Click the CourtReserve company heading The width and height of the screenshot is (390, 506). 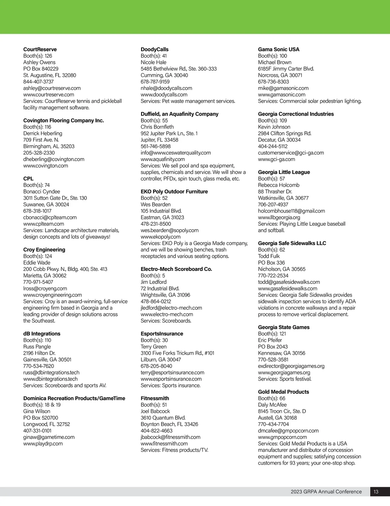tap(40, 49)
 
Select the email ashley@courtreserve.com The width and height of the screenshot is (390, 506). tap(52, 88)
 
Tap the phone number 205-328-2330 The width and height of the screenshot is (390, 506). tap(39, 153)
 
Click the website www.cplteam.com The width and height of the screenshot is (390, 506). tap(44, 224)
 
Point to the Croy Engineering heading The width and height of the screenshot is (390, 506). tap(44, 249)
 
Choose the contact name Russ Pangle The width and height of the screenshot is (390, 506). tap(37, 347)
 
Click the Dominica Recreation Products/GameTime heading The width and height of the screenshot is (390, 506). tap(74, 398)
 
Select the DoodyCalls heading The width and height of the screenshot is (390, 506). tap(155, 49)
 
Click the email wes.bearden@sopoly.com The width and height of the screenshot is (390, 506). tap(170, 230)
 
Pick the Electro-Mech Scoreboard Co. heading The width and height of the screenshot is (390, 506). tap(176, 269)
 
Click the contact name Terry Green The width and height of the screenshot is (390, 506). tap(154, 347)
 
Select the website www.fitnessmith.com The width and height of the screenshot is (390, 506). tap(164, 443)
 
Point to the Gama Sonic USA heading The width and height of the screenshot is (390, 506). tap(279, 49)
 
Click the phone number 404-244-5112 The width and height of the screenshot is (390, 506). tap(273, 146)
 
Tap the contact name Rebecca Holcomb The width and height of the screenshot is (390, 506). tap(279, 185)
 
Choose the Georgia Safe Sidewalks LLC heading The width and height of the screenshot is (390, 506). tap(292, 243)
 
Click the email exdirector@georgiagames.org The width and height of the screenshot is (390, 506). tap(291, 366)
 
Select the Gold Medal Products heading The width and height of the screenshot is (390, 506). tap(284, 392)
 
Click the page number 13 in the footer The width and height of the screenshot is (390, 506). tap(376, 492)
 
